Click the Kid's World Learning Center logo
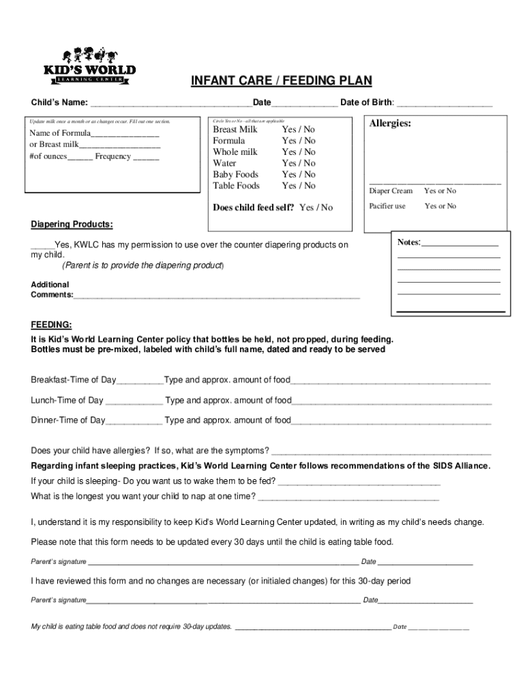(99, 66)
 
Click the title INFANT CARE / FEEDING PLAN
(281, 81)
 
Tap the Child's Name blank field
(170, 104)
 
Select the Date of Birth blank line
(444, 104)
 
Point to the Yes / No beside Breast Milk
(299, 130)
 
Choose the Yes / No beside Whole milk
(299, 152)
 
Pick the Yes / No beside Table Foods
(299, 186)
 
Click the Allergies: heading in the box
(390, 124)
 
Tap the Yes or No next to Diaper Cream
(440, 191)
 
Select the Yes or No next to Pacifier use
(440, 206)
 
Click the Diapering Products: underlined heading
(72, 225)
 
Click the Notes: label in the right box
(409, 243)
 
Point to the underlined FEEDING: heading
(51, 324)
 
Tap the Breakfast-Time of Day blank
(140, 381)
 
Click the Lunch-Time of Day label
(67, 401)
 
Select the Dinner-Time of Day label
(68, 420)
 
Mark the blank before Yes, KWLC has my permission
(43, 245)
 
